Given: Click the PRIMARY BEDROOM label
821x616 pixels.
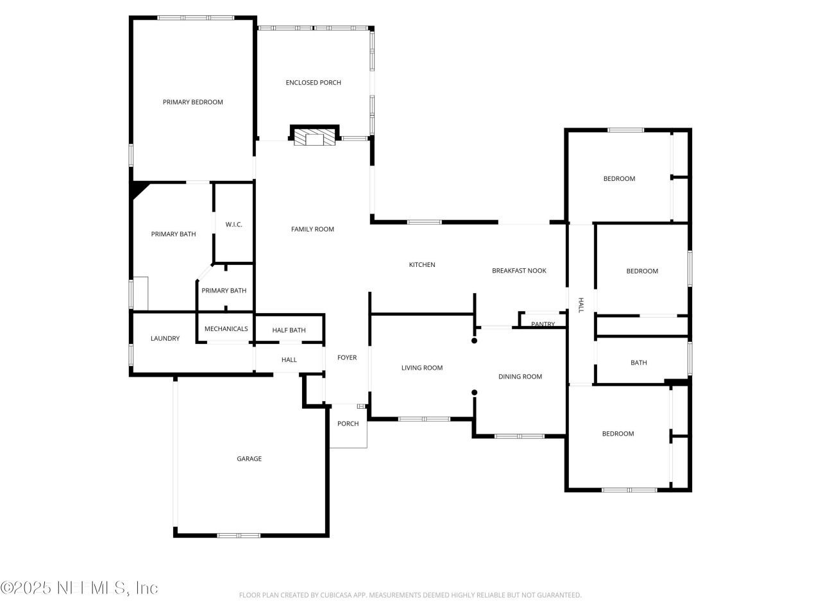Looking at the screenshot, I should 192,102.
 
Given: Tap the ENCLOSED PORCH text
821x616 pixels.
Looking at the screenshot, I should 313,82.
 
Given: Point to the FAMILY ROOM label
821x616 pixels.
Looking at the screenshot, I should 312,229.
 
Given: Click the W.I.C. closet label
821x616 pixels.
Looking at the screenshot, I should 233,225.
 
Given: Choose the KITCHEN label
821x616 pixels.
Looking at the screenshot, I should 422,264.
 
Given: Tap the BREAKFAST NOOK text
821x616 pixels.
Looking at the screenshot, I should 519,271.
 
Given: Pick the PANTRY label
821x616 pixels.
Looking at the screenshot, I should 543,324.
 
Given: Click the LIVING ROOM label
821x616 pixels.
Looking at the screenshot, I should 422,368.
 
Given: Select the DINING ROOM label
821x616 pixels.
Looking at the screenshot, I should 520,377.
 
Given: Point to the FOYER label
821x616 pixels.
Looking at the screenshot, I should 347,357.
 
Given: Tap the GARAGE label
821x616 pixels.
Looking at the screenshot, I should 249,459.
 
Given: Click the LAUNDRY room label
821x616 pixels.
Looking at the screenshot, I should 165,338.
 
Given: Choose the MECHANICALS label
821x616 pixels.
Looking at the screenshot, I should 226,329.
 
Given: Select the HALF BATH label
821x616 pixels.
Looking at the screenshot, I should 289,330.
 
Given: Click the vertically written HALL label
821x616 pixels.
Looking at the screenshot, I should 581,305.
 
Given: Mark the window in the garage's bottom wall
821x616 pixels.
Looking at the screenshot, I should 239,535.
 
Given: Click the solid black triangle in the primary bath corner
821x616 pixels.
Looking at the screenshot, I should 137,189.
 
